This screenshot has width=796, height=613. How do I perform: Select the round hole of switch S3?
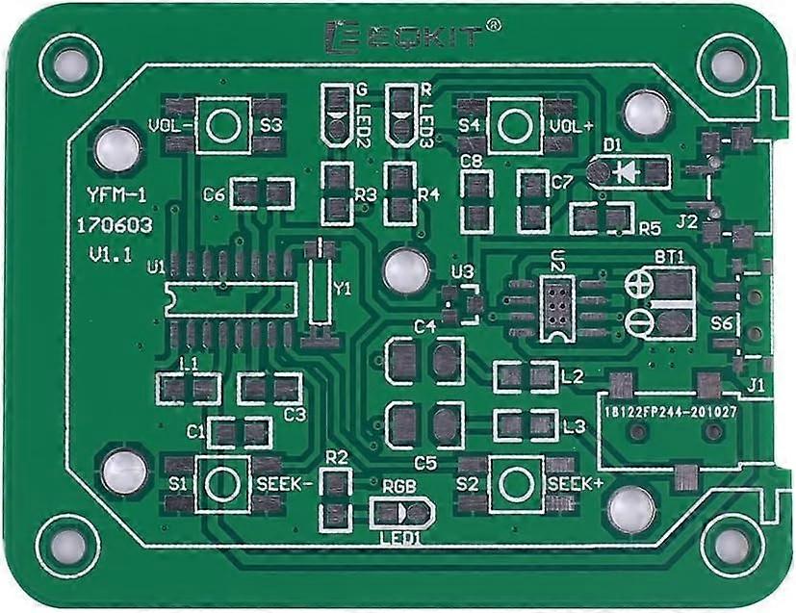pyautogui.click(x=223, y=125)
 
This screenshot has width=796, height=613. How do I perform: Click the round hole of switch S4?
pyautogui.click(x=515, y=125)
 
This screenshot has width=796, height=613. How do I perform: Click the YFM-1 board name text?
pyautogui.click(x=116, y=195)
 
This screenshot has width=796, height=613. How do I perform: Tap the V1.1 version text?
pyautogui.click(x=111, y=256)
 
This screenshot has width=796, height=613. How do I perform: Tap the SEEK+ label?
pyautogui.click(x=575, y=483)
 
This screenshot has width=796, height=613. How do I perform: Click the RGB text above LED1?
pyautogui.click(x=399, y=487)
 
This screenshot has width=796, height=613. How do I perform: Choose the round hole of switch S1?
pyautogui.click(x=222, y=482)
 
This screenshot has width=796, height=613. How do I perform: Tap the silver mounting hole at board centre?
pyautogui.click(x=404, y=270)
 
